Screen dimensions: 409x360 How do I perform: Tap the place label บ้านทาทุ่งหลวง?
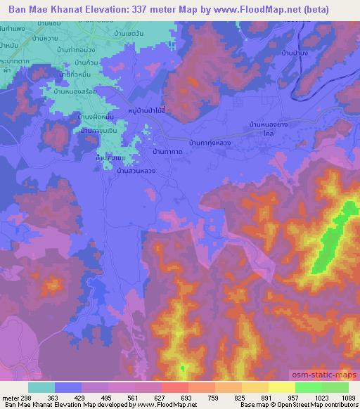tap(210, 143)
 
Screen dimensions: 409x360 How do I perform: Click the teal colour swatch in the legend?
tap(41, 387)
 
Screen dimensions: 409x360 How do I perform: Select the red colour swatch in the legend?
tap(174, 387)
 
